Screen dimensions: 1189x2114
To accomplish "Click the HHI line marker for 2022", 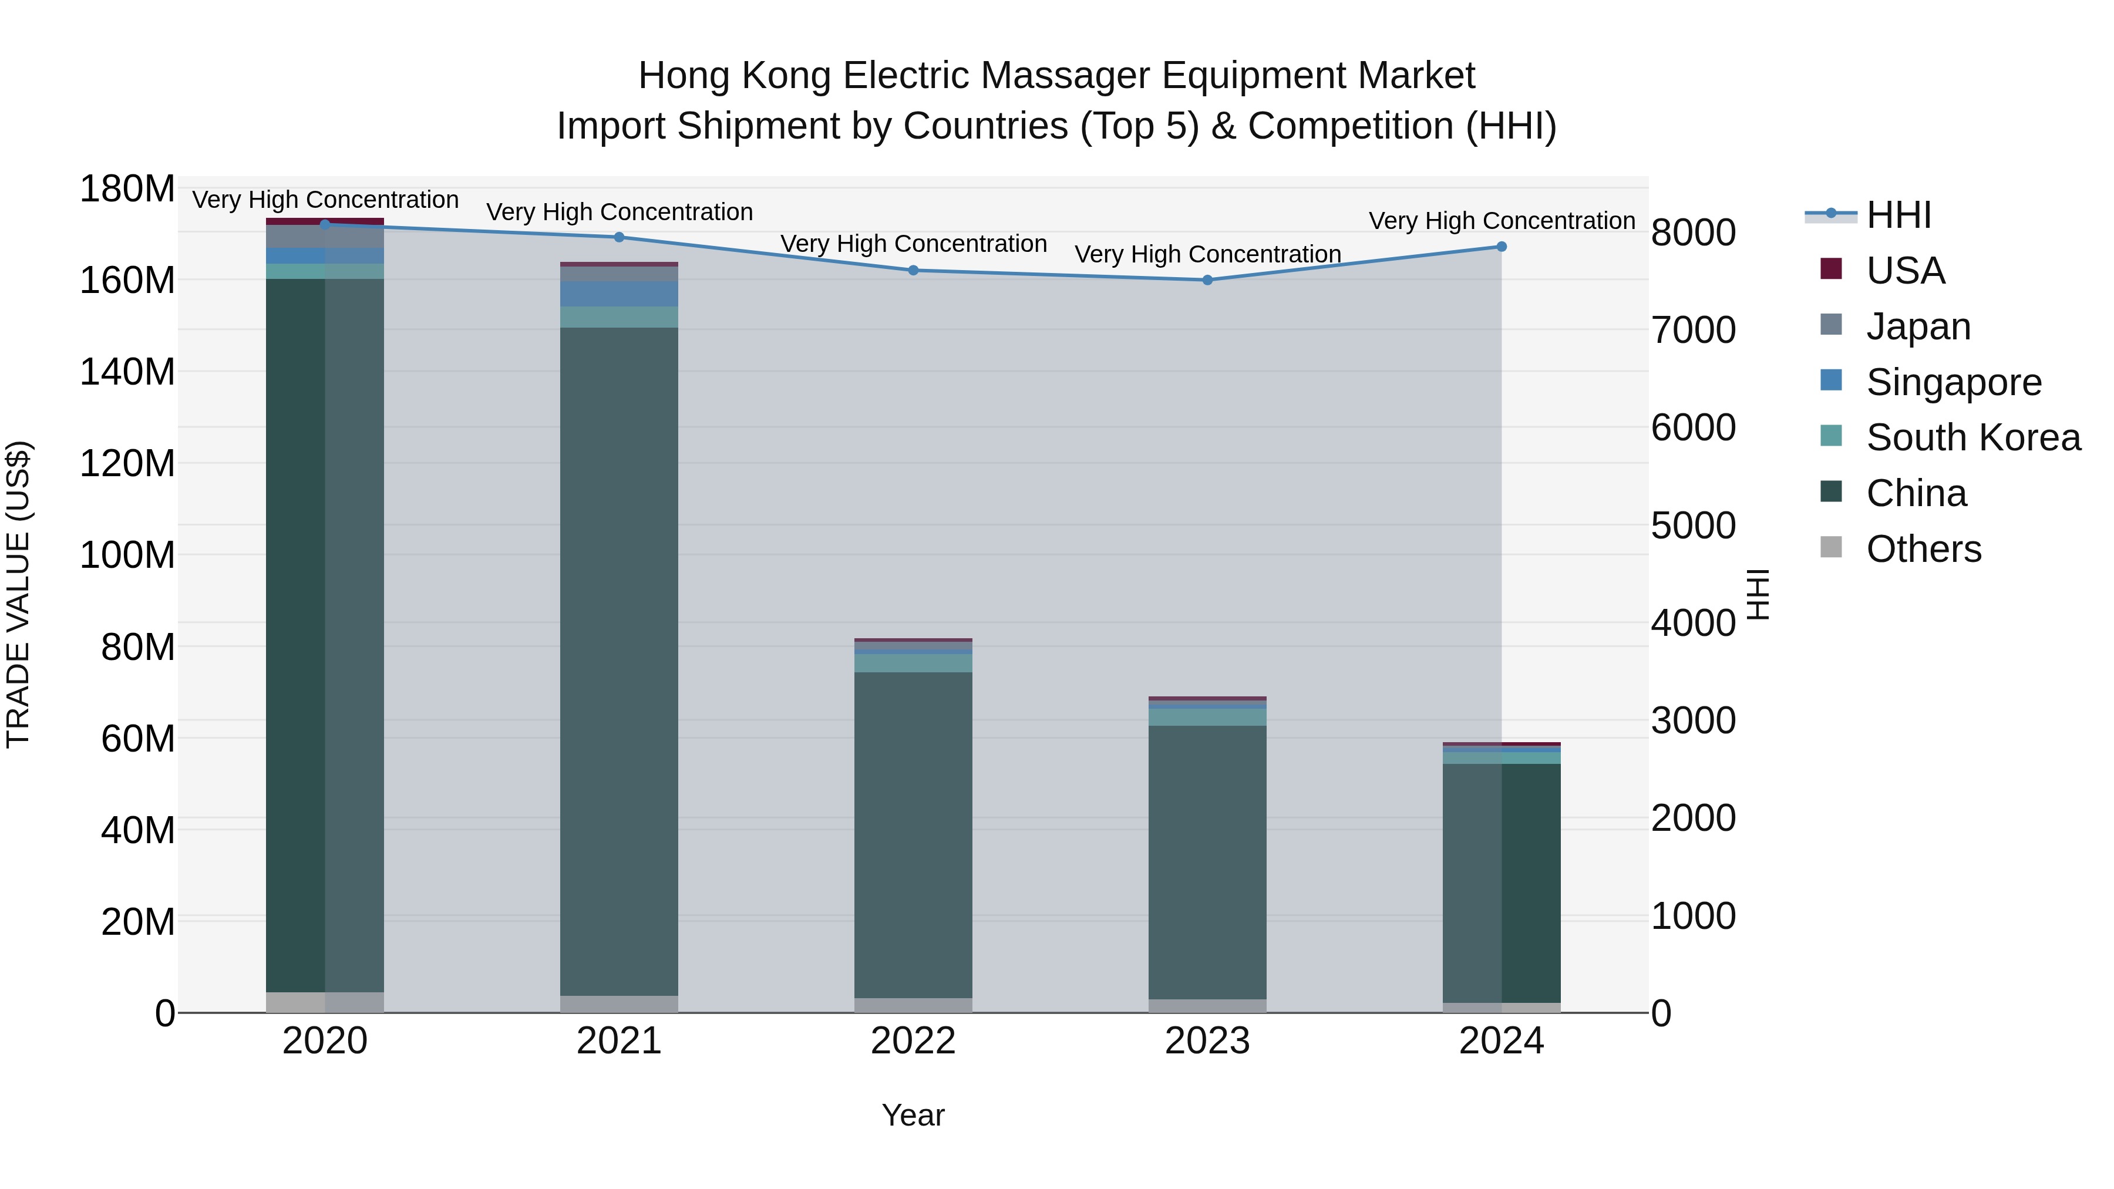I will (x=913, y=270).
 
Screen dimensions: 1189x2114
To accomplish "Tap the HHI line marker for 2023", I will (x=1207, y=280).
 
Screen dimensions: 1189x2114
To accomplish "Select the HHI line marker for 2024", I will (x=1501, y=246).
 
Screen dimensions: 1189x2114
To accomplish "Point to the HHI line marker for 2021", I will (x=620, y=237).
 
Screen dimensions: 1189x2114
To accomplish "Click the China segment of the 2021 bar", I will (x=620, y=661).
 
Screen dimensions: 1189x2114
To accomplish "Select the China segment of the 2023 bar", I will (x=1207, y=861).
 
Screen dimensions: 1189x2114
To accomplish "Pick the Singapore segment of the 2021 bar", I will (x=620, y=294).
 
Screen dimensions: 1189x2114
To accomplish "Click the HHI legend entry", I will (x=1897, y=215).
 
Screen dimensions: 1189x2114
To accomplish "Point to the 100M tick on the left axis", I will (x=127, y=555).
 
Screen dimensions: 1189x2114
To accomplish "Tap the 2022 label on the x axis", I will (x=913, y=1040).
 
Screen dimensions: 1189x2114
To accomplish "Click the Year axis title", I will (x=913, y=1115).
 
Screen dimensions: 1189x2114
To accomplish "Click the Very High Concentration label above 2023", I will (x=1207, y=254).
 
